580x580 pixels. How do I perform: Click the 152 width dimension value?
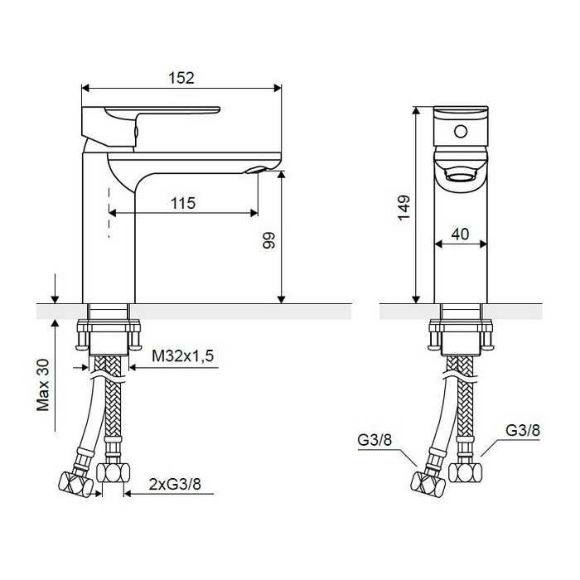tap(181, 78)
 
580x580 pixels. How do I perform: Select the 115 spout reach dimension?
tap(183, 203)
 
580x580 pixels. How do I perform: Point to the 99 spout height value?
tap(269, 240)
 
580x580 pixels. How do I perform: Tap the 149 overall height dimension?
tap(404, 208)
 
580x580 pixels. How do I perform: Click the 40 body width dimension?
tap(460, 234)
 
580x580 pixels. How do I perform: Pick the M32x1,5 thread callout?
tap(183, 355)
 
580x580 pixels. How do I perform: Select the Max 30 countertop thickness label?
tap(43, 384)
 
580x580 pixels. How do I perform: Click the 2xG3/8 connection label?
tap(175, 484)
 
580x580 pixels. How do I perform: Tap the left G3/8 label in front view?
tap(375, 440)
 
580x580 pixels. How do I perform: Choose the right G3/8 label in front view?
tap(523, 430)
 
